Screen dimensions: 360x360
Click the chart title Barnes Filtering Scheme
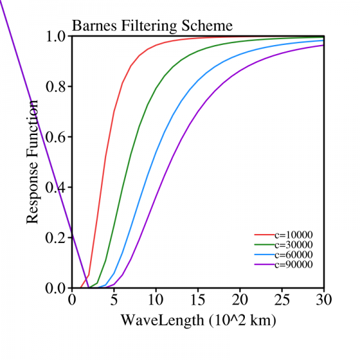tap(152, 26)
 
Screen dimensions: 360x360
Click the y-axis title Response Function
tap(33, 162)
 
